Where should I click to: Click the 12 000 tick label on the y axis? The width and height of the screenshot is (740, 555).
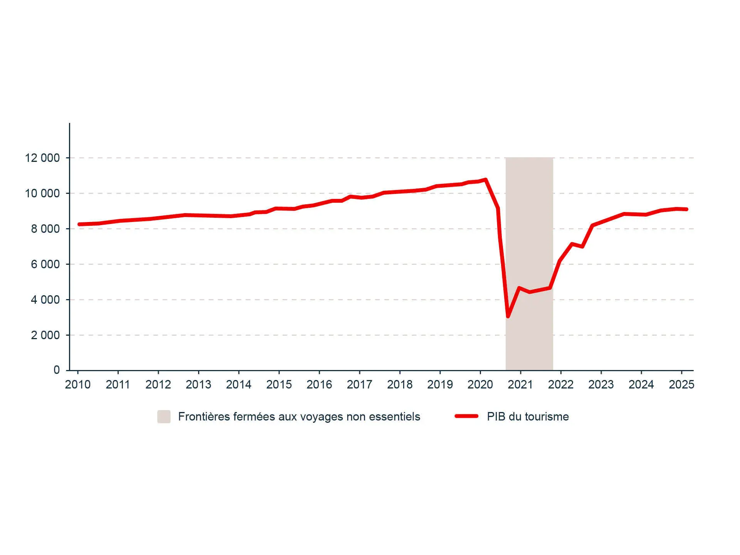point(42,158)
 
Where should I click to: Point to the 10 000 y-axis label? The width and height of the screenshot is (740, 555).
point(42,193)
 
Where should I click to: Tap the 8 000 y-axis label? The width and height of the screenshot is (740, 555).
point(45,229)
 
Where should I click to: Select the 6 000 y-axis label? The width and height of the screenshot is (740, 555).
point(45,264)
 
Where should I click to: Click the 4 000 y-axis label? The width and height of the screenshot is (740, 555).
point(45,300)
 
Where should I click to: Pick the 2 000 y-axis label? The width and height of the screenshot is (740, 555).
point(45,335)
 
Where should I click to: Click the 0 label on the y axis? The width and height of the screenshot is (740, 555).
point(57,370)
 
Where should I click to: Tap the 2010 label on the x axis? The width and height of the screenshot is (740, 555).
point(78,384)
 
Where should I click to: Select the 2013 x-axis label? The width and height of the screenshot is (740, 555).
point(198,384)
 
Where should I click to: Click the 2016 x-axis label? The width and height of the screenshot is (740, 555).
point(319,384)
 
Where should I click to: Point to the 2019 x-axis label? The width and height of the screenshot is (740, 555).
point(440,384)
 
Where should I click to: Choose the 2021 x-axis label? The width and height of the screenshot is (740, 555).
point(520,384)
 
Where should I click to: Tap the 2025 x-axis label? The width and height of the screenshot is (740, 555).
point(681,384)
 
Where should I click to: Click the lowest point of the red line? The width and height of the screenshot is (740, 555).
point(508,316)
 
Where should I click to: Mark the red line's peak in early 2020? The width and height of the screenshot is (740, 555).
point(486,180)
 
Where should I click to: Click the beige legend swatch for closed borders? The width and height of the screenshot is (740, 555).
point(164,417)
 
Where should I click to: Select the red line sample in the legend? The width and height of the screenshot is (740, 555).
point(466,416)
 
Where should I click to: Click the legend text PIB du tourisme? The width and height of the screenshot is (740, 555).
point(528,417)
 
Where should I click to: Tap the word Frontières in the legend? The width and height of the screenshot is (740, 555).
point(199,417)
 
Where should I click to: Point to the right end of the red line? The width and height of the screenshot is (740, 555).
point(686,209)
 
